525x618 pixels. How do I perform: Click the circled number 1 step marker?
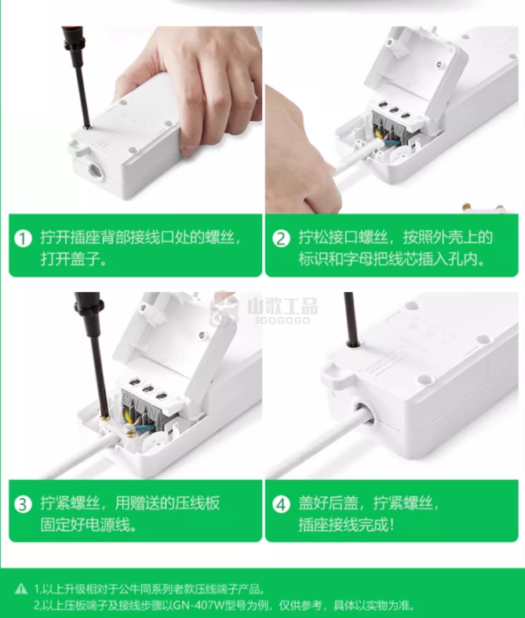click(x=24, y=239)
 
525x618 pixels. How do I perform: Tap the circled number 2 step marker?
click(x=281, y=239)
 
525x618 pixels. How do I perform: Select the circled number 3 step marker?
click(x=24, y=504)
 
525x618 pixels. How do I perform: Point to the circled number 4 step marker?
click(x=281, y=504)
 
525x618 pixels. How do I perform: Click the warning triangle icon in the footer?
click(x=21, y=589)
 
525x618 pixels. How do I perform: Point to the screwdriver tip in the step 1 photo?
click(x=88, y=126)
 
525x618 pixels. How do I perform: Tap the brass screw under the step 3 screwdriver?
click(x=105, y=417)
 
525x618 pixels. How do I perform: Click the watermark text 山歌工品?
click(x=283, y=306)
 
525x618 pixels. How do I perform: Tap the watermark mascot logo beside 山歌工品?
click(x=224, y=310)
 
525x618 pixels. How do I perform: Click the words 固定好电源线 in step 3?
click(x=85, y=525)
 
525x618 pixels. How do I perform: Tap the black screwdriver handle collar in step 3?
click(x=89, y=305)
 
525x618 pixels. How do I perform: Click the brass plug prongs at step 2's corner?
click(x=483, y=207)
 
